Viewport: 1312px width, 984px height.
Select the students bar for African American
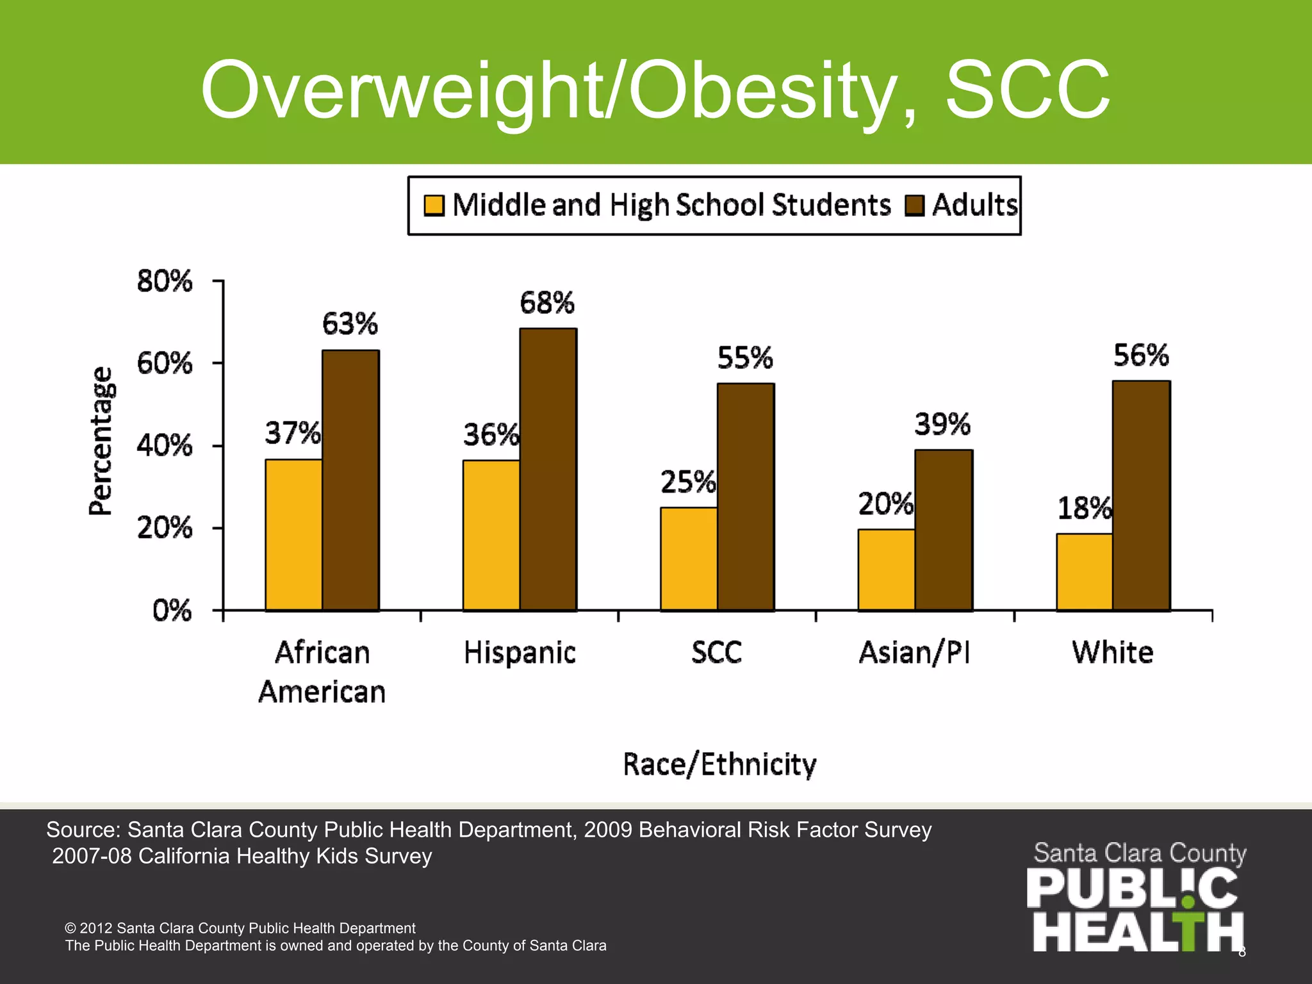293,535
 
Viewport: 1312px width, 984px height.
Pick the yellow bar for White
1084,571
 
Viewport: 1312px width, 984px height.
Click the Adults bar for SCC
746,497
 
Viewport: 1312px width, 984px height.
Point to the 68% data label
547,303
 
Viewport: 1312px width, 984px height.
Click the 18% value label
1084,509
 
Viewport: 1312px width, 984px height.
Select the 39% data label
942,424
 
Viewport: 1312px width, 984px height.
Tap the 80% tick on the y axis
165,281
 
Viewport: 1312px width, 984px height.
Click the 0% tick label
172,611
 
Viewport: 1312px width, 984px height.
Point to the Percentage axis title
101,441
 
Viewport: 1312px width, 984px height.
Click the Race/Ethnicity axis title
719,764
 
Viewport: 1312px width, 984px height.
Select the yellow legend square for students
434,206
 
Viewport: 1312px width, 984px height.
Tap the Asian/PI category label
914,653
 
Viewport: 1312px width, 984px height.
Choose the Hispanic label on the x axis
520,653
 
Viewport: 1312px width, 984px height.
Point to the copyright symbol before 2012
70,928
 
